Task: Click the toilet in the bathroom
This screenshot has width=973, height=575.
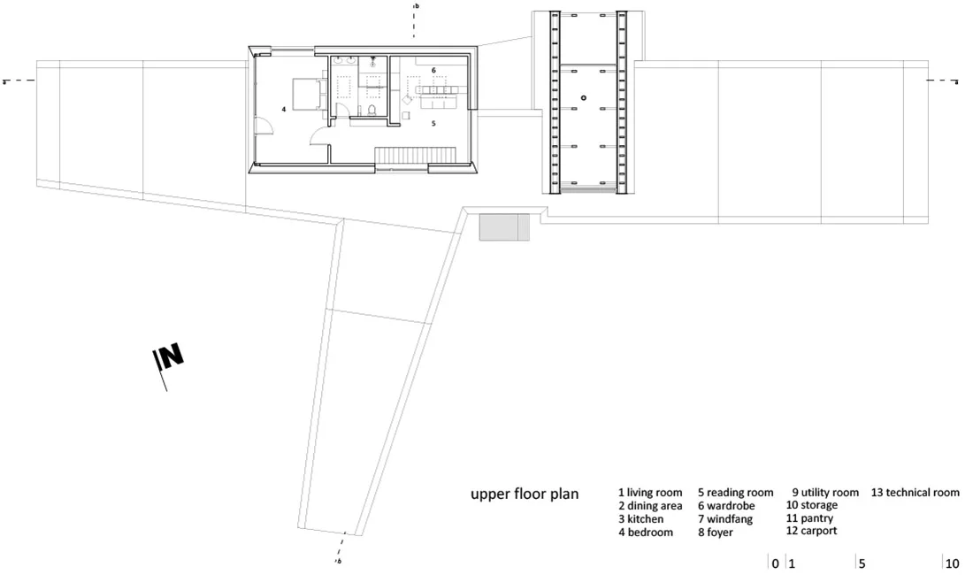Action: click(372, 111)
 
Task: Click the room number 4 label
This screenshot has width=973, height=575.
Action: click(284, 109)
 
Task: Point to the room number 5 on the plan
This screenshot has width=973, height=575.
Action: click(433, 124)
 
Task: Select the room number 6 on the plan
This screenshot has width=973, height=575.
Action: click(433, 71)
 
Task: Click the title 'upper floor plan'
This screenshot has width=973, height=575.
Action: click(525, 494)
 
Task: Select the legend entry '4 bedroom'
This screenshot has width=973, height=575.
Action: click(646, 533)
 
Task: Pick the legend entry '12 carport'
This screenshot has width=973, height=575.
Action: click(811, 531)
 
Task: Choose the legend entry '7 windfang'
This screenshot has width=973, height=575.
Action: click(724, 518)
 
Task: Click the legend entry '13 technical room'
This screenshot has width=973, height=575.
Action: click(916, 493)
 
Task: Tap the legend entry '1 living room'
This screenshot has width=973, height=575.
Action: click(650, 493)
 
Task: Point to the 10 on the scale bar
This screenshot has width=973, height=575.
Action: click(952, 563)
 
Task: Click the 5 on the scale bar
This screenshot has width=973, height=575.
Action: click(862, 563)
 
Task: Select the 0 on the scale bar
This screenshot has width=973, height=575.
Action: click(775, 563)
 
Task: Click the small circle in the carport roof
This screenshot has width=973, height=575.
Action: click(583, 98)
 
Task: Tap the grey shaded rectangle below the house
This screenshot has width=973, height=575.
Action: click(504, 227)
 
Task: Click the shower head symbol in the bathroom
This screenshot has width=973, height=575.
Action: click(373, 64)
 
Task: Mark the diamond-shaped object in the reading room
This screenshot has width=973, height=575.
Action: click(407, 99)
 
